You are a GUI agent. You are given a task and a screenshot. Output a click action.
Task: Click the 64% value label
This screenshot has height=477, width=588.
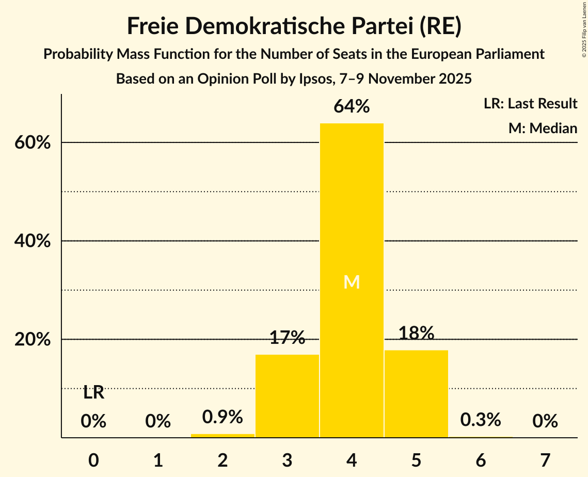click(352, 106)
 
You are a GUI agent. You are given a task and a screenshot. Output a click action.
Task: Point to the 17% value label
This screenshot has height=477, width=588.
click(287, 338)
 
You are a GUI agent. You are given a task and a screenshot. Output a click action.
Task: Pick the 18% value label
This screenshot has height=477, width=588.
click(416, 333)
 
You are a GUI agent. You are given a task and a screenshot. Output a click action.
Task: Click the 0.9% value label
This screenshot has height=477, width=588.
click(223, 417)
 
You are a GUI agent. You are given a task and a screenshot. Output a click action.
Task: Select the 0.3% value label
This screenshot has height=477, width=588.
click(481, 420)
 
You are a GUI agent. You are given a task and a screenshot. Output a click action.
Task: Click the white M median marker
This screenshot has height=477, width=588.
click(352, 282)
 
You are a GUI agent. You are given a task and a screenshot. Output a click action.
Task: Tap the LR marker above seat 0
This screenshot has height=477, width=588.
click(93, 393)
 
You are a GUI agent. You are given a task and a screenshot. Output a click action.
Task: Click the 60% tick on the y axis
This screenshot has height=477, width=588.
click(33, 142)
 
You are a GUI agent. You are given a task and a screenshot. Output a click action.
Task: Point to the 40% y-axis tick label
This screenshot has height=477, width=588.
click(33, 241)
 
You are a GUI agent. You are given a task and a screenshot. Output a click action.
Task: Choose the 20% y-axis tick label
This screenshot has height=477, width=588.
click(33, 340)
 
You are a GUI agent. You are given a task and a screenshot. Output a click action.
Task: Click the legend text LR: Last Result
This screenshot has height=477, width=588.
click(530, 104)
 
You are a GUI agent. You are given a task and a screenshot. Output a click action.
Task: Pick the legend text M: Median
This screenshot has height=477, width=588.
click(543, 128)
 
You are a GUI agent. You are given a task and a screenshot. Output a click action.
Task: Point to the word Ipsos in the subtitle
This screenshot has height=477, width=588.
click(316, 79)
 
